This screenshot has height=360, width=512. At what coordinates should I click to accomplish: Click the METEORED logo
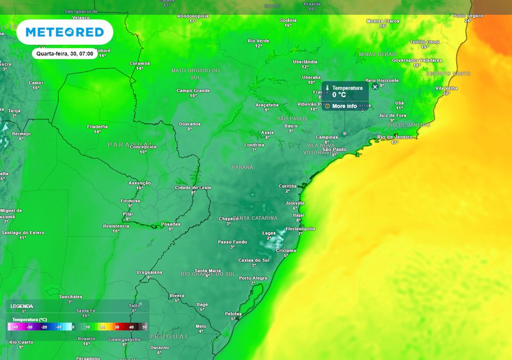65,32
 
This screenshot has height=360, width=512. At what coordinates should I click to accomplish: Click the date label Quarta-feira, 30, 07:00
65,54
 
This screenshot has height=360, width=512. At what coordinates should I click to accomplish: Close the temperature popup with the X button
375,87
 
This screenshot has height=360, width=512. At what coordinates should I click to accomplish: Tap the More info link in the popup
344,106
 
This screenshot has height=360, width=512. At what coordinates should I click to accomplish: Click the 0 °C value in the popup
339,95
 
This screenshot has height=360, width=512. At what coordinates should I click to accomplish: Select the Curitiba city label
287,186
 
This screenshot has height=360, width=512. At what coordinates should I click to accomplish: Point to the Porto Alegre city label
253,278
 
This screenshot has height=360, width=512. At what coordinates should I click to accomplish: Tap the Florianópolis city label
301,229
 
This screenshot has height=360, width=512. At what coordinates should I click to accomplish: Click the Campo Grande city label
193,91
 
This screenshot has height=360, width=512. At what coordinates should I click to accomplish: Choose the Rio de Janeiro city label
395,137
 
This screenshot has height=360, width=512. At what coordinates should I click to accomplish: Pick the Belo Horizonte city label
382,80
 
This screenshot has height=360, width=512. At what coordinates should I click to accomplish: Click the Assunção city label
140,183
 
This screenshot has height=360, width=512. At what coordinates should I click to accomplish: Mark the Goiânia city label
288,20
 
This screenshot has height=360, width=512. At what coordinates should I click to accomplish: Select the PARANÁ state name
243,167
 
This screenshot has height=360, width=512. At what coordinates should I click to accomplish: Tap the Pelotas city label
233,314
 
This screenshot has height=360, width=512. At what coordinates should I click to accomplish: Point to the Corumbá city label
140,63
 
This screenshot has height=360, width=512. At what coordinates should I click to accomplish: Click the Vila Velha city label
446,88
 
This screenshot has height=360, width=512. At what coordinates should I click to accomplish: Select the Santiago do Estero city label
23,233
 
